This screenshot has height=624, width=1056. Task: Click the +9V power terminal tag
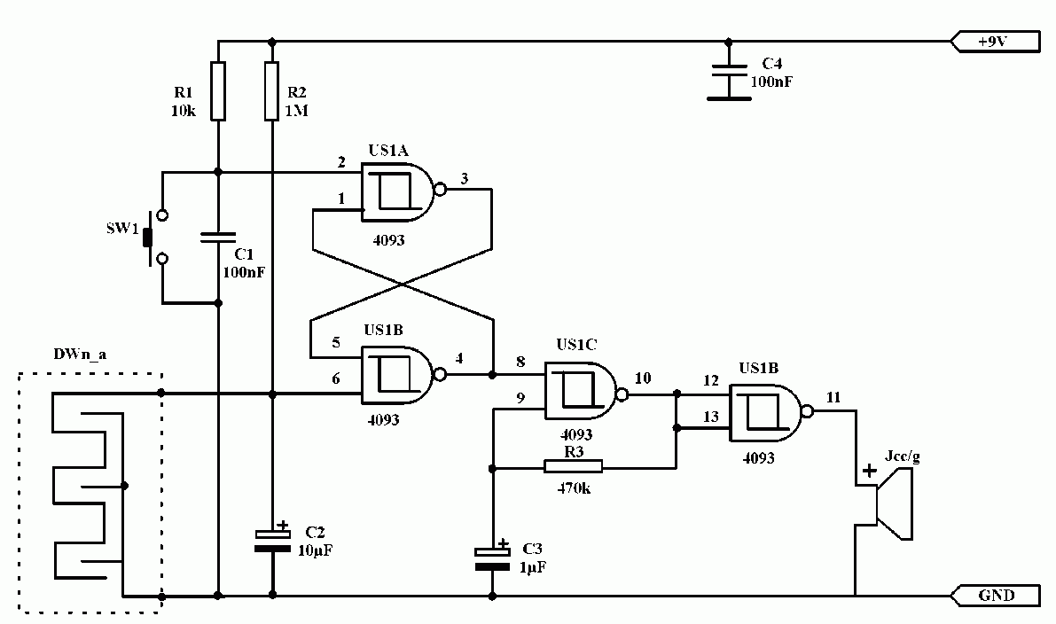[x=996, y=41]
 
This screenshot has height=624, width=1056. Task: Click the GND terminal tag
[x=996, y=596]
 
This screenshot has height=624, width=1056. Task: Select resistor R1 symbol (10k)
[x=217, y=91]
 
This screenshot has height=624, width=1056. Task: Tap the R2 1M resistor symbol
[x=271, y=91]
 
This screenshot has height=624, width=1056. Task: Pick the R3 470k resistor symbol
[x=573, y=466]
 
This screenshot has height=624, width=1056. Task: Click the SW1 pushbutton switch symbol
[x=155, y=237]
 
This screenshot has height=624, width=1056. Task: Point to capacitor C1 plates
[x=217, y=237]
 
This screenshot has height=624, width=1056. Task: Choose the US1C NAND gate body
[x=583, y=392]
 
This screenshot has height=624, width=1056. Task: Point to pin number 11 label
[x=833, y=397]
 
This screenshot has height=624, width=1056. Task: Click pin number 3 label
[x=464, y=178]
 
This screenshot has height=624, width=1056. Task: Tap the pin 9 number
[x=520, y=398]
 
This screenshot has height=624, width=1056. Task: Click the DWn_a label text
[x=80, y=354]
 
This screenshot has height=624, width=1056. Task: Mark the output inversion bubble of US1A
[x=441, y=189]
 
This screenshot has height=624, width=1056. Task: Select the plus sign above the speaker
[x=870, y=470]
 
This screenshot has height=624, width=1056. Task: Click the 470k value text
[x=574, y=488]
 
